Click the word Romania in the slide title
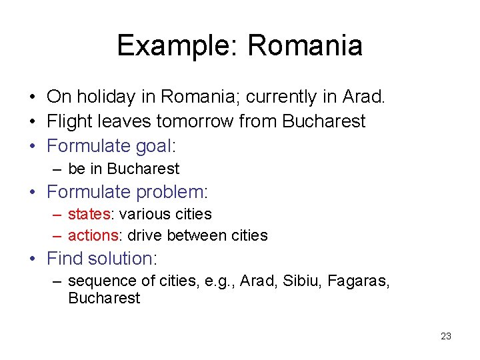tap(305, 45)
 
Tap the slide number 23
tap(446, 336)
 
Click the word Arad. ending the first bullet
tap(363, 97)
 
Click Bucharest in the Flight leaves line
tap(324, 121)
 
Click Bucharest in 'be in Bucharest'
tap(143, 169)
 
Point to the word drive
tap(145, 235)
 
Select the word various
tap(141, 215)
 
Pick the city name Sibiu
tap(301, 281)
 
